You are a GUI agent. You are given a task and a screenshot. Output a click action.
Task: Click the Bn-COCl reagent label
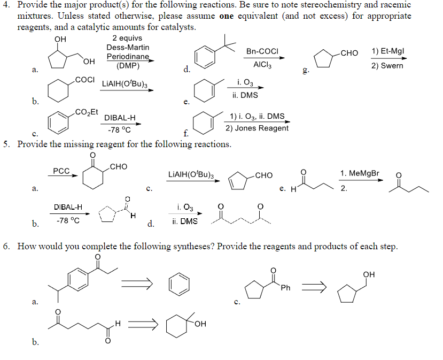(x=262, y=51)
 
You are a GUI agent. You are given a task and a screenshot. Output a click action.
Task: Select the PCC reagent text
(x=61, y=171)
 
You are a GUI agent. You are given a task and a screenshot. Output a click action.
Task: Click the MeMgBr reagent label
(x=362, y=173)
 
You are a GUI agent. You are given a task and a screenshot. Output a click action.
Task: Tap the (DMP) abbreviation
(x=128, y=66)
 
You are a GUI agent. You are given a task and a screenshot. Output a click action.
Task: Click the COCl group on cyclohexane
(x=85, y=80)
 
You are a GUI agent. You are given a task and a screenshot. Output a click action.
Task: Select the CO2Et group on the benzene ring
(x=87, y=111)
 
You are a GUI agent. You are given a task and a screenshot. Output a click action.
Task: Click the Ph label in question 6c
(x=286, y=288)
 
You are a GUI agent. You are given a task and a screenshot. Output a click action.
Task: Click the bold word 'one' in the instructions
(x=227, y=16)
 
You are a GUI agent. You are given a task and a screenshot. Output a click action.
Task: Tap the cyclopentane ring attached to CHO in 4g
(x=324, y=59)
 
